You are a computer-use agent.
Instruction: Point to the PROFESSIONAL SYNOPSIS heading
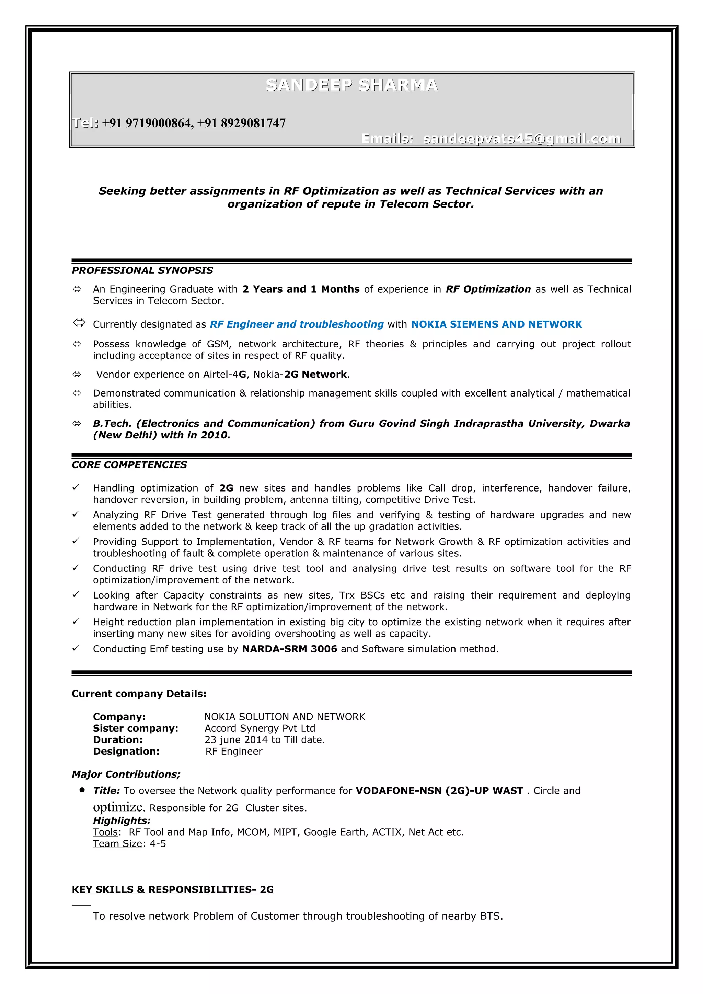tap(142, 271)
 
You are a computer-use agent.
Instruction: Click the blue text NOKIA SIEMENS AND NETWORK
tap(496, 324)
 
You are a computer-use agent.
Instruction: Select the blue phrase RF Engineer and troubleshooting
tap(297, 324)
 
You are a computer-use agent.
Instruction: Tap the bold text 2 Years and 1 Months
tap(301, 289)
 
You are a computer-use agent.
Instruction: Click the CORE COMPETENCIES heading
tap(129, 465)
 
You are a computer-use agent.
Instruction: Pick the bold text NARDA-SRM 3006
tap(289, 649)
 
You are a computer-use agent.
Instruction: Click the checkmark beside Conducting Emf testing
tap(76, 648)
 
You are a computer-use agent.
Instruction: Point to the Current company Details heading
tap(139, 694)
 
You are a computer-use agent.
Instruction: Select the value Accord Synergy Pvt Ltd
tap(260, 729)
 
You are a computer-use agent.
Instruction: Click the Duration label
tap(117, 740)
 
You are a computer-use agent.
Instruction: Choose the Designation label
tap(126, 752)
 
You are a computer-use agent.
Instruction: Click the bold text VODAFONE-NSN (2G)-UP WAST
tap(439, 791)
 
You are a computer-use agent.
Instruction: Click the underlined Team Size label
tap(117, 844)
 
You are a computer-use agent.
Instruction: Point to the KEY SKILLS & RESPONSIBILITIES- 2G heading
tap(172, 890)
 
